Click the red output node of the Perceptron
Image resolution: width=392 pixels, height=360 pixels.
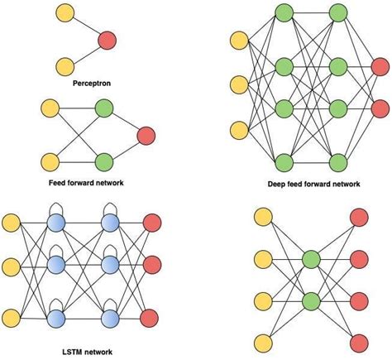pyautogui.click(x=106, y=39)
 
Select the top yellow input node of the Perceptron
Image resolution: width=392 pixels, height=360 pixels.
pyautogui.click(x=65, y=13)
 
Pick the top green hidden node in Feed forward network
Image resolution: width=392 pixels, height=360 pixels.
pyautogui.click(x=104, y=108)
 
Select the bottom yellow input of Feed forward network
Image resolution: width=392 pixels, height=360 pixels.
pyautogui.click(x=49, y=161)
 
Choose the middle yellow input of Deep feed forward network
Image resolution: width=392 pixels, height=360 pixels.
pyautogui.click(x=239, y=84)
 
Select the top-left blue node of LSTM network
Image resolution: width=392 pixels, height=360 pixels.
pyautogui.click(x=57, y=222)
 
